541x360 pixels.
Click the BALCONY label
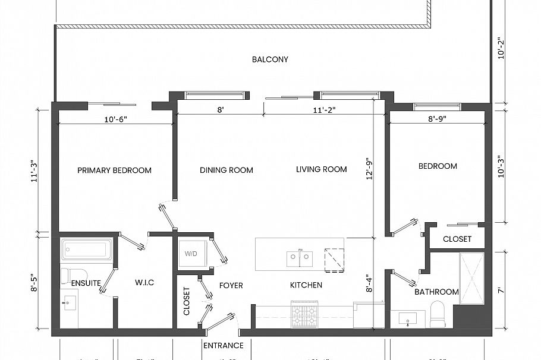tap(270, 59)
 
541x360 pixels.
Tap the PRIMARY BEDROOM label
tap(114, 170)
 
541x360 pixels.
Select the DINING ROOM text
tap(226, 170)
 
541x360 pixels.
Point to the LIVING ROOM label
tap(321, 169)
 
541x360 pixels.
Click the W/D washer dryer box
tap(191, 254)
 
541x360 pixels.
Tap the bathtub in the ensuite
tap(87, 250)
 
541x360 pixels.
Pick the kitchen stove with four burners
tap(305, 311)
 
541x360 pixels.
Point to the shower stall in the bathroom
tap(472, 279)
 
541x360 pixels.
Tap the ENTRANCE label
tap(224, 345)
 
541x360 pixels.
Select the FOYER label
tap(231, 285)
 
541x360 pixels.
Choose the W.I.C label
tap(144, 283)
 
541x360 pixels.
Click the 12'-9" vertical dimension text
tap(370, 169)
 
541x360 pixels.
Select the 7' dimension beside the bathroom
tap(501, 290)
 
